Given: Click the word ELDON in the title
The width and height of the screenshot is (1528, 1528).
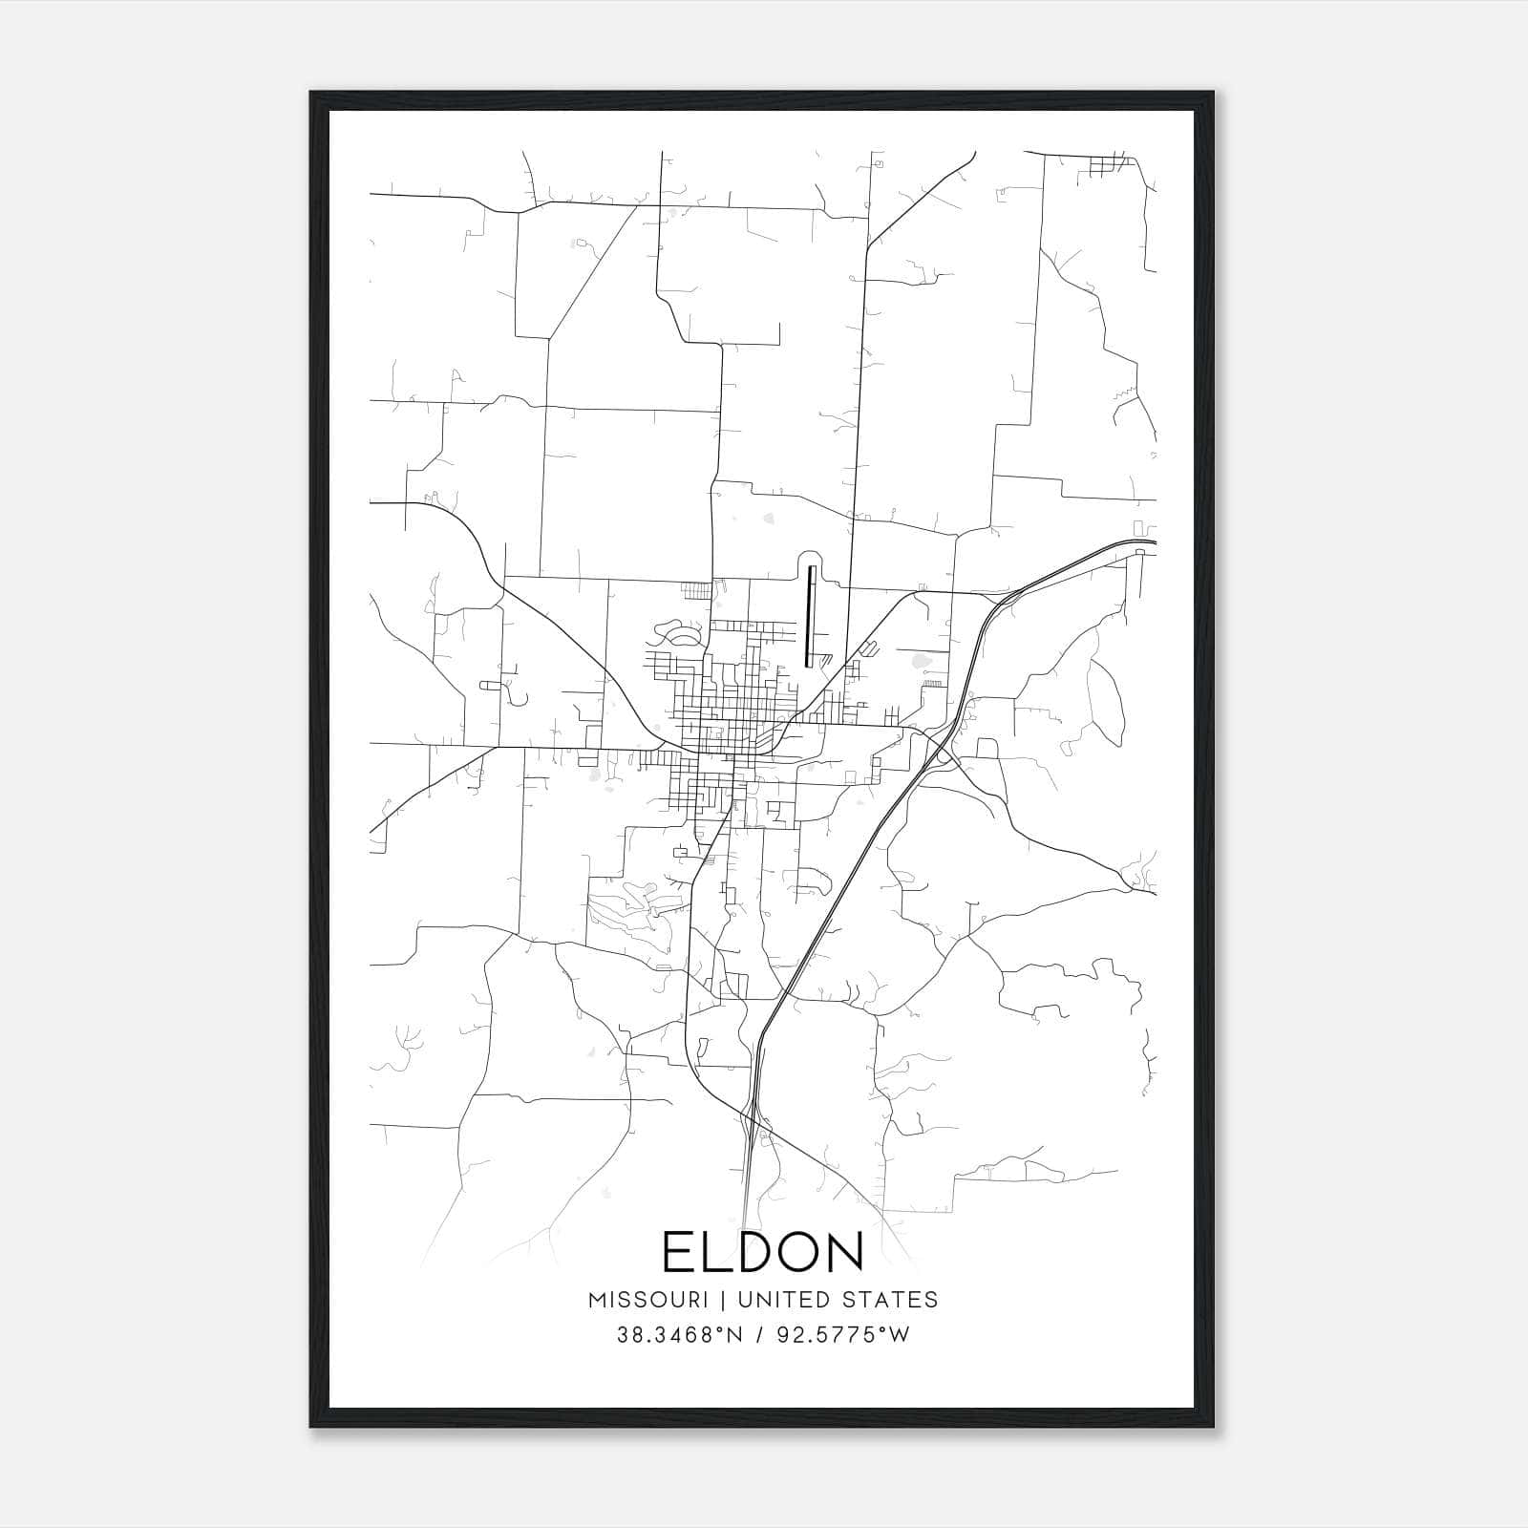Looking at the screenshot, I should coord(763,1252).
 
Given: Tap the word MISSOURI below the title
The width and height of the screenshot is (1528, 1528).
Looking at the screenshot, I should coord(647,1300).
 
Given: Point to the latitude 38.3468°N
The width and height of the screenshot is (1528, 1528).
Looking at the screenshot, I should coord(679,1335).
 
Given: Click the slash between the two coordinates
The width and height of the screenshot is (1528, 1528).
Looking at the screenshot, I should coord(758,1335).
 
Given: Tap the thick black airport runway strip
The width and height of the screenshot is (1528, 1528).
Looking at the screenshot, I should coord(811,615).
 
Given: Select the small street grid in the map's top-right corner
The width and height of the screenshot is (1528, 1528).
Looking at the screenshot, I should coord(1108,165).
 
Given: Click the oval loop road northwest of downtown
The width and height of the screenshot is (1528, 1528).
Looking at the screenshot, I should coord(680,634).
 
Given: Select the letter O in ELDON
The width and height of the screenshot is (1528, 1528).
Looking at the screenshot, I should coord(796,1252).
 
